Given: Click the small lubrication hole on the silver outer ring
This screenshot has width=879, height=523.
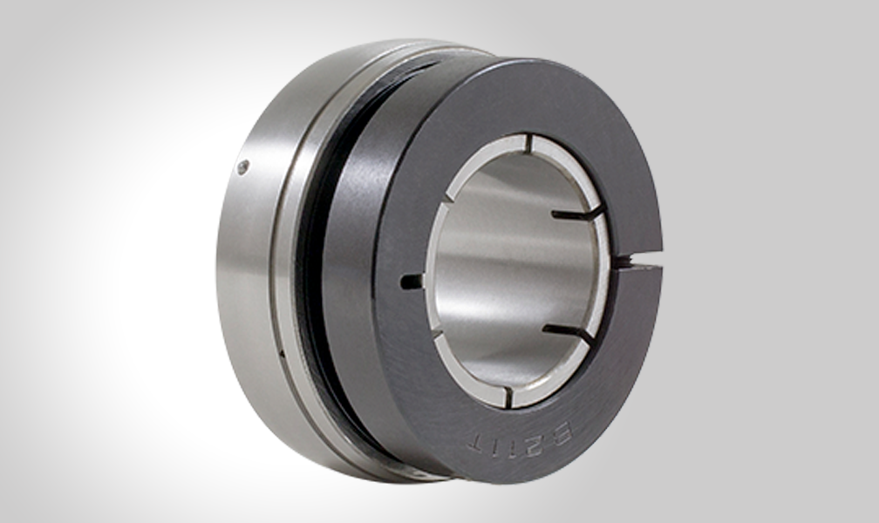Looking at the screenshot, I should pos(243,166).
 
